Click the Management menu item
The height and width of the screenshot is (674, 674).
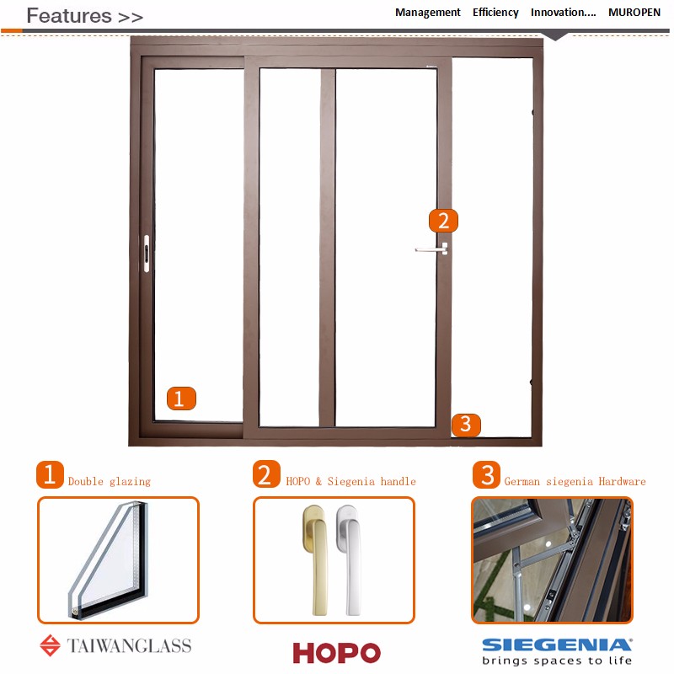point(428,13)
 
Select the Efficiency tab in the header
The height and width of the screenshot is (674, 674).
point(495,13)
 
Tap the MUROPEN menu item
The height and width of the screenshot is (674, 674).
point(634,13)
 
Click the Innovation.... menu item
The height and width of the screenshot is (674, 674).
point(564,13)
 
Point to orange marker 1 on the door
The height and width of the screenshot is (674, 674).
point(181,398)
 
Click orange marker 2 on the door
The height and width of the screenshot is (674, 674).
point(444,221)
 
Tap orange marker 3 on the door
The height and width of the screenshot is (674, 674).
point(466,425)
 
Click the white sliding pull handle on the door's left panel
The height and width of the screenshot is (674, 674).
point(147,254)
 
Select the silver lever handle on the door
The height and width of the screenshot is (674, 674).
point(432,249)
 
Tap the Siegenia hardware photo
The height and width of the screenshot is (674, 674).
point(553,560)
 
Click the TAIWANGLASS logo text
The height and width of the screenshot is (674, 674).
point(129,645)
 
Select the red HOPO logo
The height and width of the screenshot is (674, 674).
point(336,652)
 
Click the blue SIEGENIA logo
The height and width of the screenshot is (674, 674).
point(557,645)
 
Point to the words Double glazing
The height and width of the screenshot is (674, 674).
point(110,481)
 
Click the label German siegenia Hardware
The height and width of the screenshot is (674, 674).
point(575,481)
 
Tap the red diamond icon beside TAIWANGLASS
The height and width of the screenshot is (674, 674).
point(51,645)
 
